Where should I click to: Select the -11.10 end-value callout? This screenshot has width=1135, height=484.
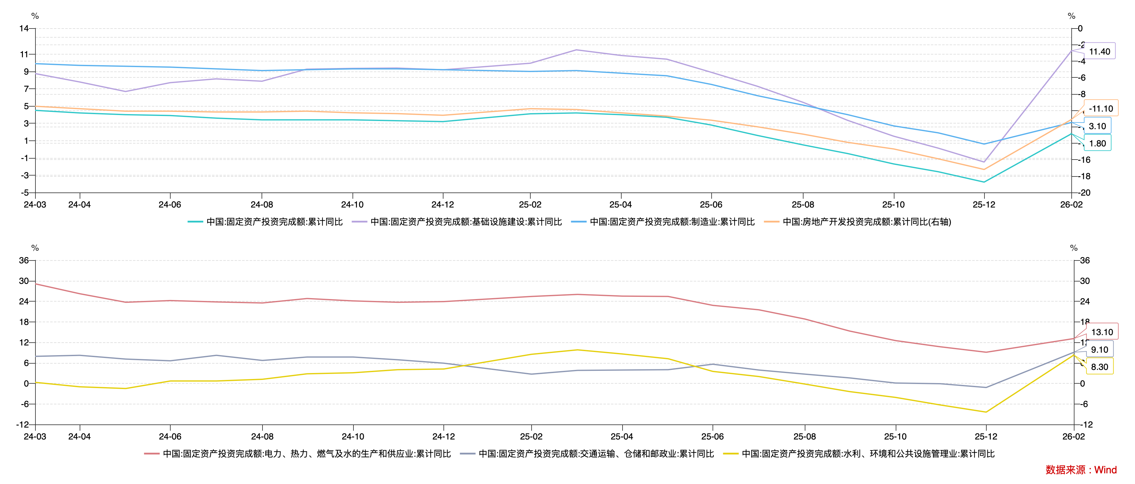pos(1100,108)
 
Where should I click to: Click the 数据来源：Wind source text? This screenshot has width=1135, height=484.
pos(1081,470)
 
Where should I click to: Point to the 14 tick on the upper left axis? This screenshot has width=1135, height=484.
pos(24,29)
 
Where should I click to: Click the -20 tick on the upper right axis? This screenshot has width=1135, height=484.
pos(1084,193)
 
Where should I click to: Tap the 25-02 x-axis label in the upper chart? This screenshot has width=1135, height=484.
pos(530,205)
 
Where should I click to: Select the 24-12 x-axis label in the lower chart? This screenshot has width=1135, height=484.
pos(443,436)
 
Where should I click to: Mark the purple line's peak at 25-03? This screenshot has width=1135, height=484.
pos(576,50)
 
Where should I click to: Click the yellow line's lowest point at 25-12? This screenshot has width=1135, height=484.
pos(986,412)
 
